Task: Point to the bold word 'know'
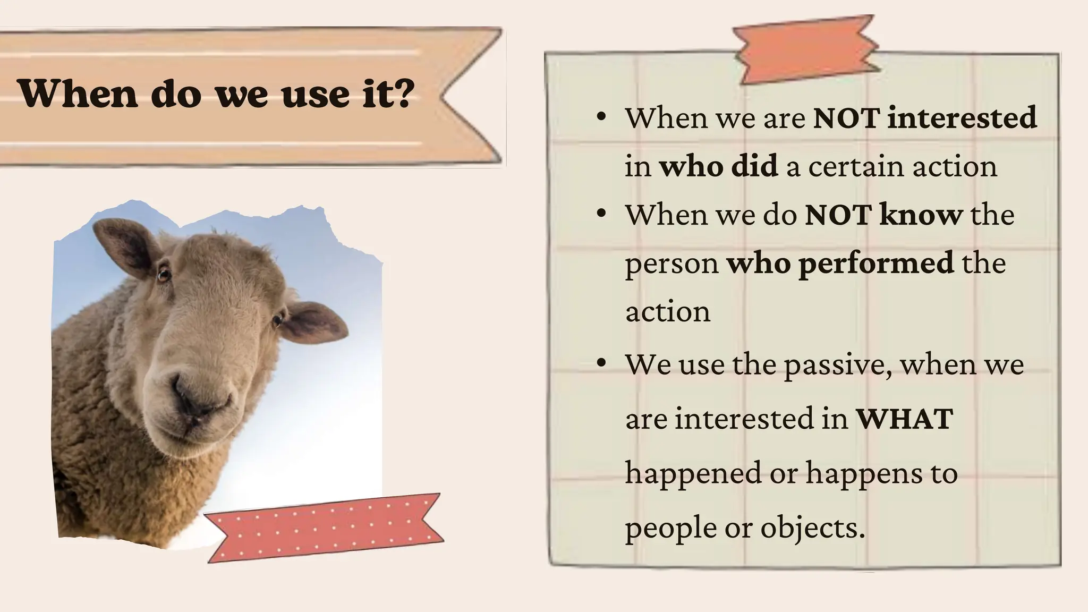(921, 215)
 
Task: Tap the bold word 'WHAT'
(904, 419)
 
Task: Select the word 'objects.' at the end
(813, 528)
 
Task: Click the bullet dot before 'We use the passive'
(601, 363)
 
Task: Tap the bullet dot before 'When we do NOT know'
(601, 214)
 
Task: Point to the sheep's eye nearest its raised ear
(164, 275)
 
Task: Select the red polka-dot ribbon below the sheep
(324, 528)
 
